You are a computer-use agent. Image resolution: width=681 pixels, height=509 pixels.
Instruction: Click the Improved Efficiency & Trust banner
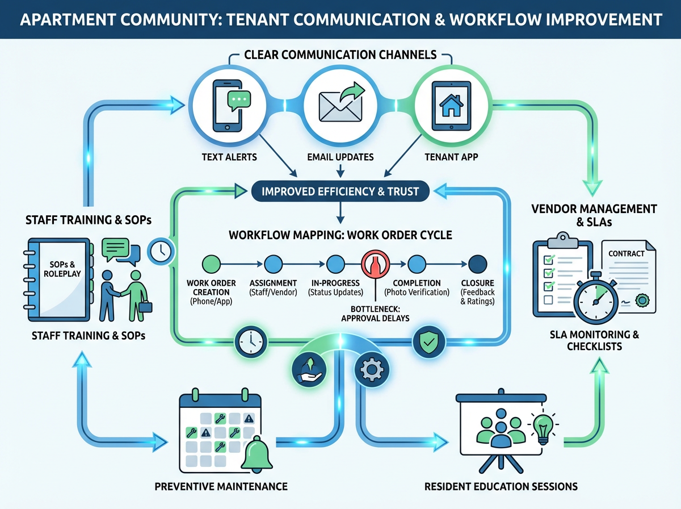click(x=340, y=191)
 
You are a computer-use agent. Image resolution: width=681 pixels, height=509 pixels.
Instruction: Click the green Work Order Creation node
click(x=210, y=264)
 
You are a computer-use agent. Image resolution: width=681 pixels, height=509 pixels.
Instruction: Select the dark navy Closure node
click(x=478, y=264)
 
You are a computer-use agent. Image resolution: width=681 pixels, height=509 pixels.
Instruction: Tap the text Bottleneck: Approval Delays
click(x=375, y=313)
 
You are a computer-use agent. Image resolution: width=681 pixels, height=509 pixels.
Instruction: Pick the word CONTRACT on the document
click(x=627, y=253)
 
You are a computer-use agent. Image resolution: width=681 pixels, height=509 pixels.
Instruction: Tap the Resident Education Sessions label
click(x=501, y=487)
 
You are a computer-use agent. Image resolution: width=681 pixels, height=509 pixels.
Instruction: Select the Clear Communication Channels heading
click(x=340, y=55)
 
